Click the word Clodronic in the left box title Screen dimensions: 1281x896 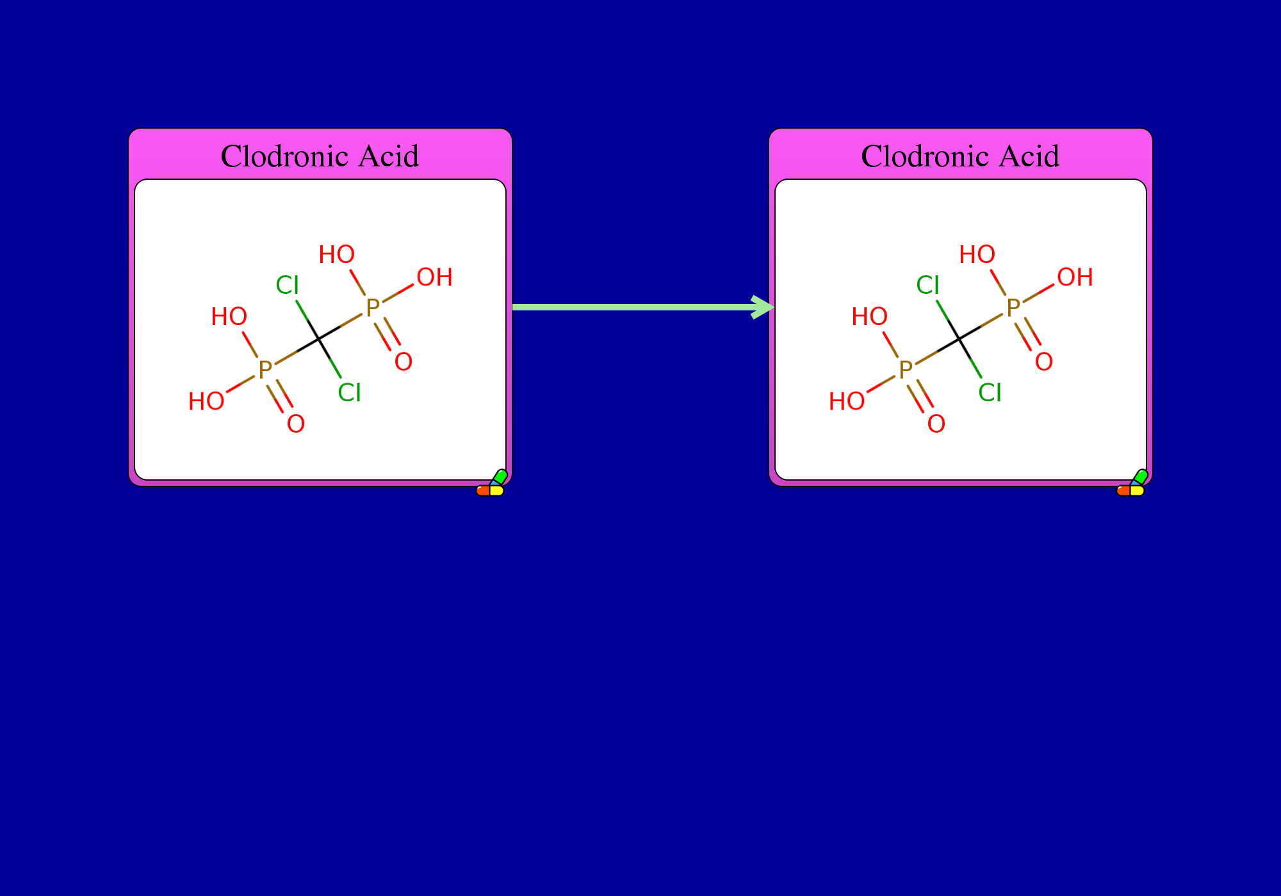pos(286,156)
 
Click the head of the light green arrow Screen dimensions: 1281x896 pos(763,307)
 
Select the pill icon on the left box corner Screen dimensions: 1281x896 pos(491,483)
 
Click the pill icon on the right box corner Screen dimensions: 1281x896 pos(1132,483)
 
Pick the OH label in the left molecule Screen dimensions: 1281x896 pos(435,277)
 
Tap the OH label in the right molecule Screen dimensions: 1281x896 pos(1075,277)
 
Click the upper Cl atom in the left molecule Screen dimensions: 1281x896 pos(288,285)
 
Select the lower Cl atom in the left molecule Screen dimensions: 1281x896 pos(350,392)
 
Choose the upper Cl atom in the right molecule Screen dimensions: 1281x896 pos(928,285)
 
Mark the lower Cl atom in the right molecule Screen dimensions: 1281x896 pos(990,392)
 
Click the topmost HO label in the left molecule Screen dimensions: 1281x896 pos(337,255)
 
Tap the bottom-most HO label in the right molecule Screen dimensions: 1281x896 pos(847,401)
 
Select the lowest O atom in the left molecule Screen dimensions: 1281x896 pos(296,424)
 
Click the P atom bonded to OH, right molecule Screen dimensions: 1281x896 pos(1013,308)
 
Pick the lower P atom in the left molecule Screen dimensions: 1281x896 pos(265,370)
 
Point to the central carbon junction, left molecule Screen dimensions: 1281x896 pos(319,339)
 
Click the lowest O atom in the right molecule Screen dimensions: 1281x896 pos(936,424)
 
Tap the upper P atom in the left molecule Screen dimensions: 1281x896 pos(373,308)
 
